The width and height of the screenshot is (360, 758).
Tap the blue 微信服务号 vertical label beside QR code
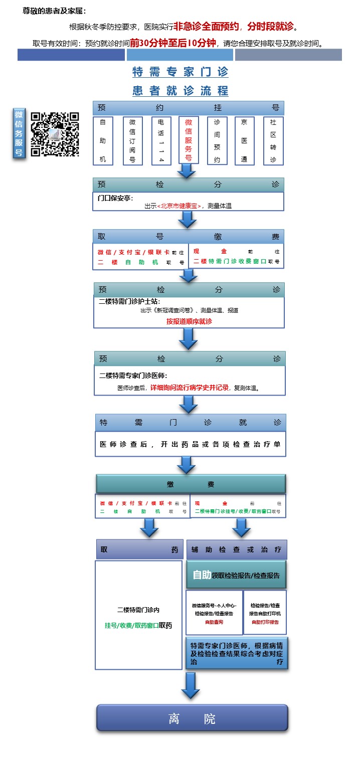(x=19, y=133)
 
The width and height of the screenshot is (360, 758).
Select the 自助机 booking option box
(x=103, y=141)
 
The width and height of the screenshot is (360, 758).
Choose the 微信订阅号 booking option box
(x=132, y=141)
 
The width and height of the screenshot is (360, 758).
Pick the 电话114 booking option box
(x=161, y=141)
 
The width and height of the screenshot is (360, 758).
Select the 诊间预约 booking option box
(x=217, y=141)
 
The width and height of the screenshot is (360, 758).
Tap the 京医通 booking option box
(x=244, y=141)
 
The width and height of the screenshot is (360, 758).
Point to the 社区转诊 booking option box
(x=273, y=141)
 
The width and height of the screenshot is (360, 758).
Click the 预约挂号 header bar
(x=188, y=108)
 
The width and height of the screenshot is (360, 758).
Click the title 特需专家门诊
(x=180, y=72)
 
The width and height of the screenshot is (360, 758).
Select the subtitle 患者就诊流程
(x=180, y=91)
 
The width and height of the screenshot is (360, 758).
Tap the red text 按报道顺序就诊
(x=189, y=321)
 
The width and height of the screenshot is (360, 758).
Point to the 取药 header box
(x=139, y=549)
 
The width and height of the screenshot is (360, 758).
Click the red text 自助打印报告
(x=265, y=622)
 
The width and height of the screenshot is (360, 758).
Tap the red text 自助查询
(x=214, y=622)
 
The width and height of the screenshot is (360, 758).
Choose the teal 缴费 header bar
(x=191, y=484)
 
